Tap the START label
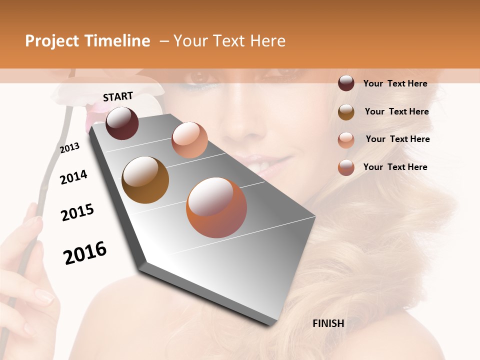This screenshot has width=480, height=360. tap(118, 96)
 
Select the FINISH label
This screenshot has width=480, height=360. tap(328, 323)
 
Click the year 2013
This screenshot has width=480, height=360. tap(70, 148)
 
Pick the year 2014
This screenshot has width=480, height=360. tap(74, 177)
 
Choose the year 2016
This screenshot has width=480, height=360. tap(85, 253)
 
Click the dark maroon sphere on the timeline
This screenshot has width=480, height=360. tap(122, 123)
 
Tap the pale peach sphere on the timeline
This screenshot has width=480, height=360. tap(189, 140)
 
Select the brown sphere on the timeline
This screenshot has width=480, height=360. tap(145, 180)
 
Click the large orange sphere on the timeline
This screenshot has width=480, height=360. tap(216, 207)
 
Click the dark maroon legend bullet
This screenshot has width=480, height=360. tap(346, 83)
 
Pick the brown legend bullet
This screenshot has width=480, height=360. tap(346, 112)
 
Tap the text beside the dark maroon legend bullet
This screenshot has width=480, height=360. tap(395, 83)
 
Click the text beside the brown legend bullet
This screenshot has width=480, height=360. tap(396, 111)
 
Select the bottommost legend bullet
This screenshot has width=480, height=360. tap(346, 167)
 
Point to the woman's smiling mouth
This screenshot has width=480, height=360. tap(265, 161)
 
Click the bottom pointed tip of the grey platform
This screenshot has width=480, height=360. tap(272, 324)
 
